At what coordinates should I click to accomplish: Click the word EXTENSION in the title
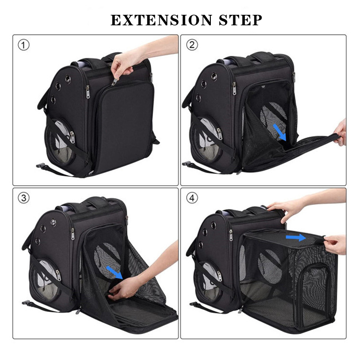pyautogui.click(x=161, y=20)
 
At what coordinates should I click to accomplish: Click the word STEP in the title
pyautogui.click(x=240, y=20)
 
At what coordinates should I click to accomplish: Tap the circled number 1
pyautogui.click(x=24, y=45)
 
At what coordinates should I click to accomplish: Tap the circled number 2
pyautogui.click(x=192, y=45)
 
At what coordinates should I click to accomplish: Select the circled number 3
pyautogui.click(x=24, y=198)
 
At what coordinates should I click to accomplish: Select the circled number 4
pyautogui.click(x=192, y=198)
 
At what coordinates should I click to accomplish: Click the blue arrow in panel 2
pyautogui.click(x=279, y=132)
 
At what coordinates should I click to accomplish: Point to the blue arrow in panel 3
pyautogui.click(x=114, y=272)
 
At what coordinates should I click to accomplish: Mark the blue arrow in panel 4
pyautogui.click(x=296, y=237)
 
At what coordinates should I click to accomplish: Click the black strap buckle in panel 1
pyautogui.click(x=41, y=165)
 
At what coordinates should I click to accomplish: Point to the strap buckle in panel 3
pyautogui.click(x=26, y=303)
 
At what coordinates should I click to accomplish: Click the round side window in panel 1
pyautogui.click(x=60, y=142)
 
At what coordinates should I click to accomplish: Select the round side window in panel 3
pyautogui.click(x=46, y=281)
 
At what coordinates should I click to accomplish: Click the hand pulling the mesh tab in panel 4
pyautogui.click(x=335, y=244)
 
